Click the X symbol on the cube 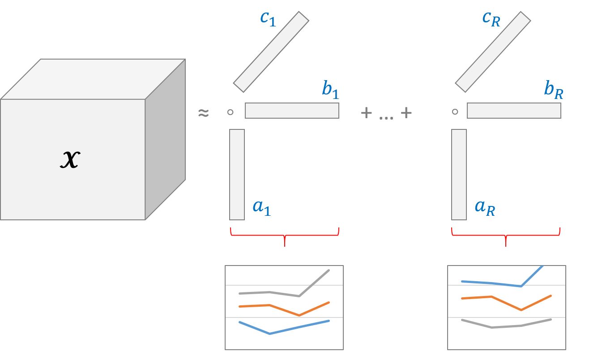coord(70,159)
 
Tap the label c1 coord(268,18)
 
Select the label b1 coord(330,90)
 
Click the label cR coord(491,18)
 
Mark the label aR coord(485,206)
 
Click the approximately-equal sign coord(203,113)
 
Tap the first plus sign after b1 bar coord(366,113)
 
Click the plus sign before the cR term coord(406,113)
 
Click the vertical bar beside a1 coord(237,175)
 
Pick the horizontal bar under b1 coord(292,111)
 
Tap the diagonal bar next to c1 coord(271,52)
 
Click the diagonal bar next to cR coord(493,52)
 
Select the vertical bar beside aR coord(459,175)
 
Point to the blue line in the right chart coord(492,283)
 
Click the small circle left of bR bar coord(455,112)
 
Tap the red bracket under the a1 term coord(285,234)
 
